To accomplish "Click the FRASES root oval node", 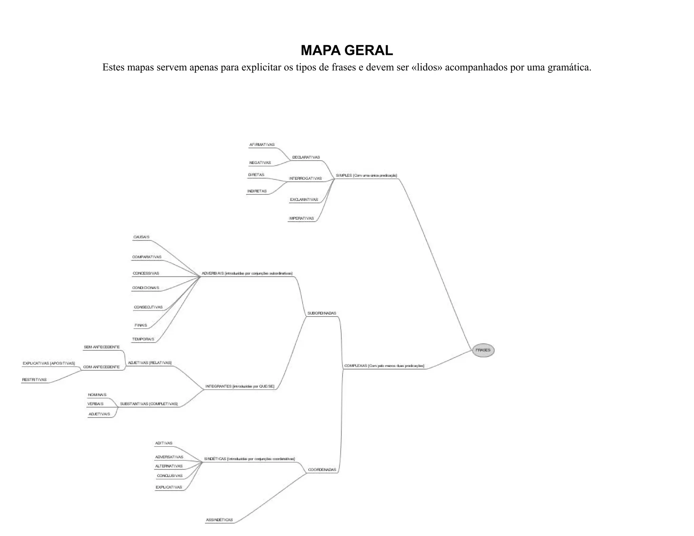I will point(483,350).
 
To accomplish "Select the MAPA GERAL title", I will point(347,50).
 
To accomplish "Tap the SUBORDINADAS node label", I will point(322,313).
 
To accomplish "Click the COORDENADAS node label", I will point(322,470).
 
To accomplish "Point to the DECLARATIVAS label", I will point(306,158).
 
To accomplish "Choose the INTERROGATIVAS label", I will point(305,179).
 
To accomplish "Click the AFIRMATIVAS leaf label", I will point(262,145).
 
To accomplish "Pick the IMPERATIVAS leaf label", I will point(301,219).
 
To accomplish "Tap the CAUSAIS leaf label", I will point(141,237).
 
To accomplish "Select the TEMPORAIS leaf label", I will point(143,339).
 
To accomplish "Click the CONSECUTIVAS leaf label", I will point(148,307).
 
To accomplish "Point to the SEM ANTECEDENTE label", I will point(102,347).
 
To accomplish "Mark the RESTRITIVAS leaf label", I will point(34,380).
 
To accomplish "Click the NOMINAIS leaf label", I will point(97,395).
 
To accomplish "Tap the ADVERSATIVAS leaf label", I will point(169,457).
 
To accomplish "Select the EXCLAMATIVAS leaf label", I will point(304,200).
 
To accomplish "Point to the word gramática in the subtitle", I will point(569,67).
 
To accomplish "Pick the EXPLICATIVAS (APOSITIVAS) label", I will point(49,364).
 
